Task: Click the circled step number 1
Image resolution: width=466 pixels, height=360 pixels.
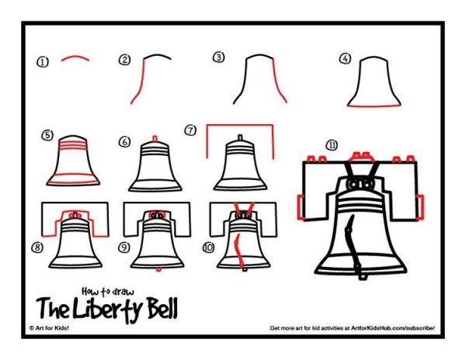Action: tap(43, 62)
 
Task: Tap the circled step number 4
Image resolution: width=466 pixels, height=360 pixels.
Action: tap(345, 58)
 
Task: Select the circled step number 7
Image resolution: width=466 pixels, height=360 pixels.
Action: tap(190, 130)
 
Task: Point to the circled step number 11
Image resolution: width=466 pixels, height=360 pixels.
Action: tap(332, 145)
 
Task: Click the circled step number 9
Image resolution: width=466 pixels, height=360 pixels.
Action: tap(124, 247)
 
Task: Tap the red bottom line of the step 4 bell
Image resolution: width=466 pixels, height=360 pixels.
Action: tap(374, 106)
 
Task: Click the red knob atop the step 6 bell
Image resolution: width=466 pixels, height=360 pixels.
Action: tap(155, 139)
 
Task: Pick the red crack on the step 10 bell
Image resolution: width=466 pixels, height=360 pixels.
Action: tap(239, 250)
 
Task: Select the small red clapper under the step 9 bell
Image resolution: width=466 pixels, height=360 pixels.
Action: tap(158, 269)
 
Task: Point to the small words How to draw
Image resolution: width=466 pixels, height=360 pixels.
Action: tap(108, 292)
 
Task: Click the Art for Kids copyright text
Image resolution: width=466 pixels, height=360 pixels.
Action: tap(50, 328)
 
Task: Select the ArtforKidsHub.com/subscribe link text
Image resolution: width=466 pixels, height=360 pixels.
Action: tap(393, 328)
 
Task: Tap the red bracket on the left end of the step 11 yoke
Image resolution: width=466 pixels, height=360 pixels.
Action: tap(301, 207)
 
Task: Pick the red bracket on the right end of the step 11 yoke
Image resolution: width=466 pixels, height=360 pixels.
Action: tap(420, 207)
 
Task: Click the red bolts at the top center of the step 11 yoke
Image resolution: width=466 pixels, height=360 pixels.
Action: tap(362, 157)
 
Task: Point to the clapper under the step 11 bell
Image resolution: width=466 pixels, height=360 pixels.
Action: tap(362, 277)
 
